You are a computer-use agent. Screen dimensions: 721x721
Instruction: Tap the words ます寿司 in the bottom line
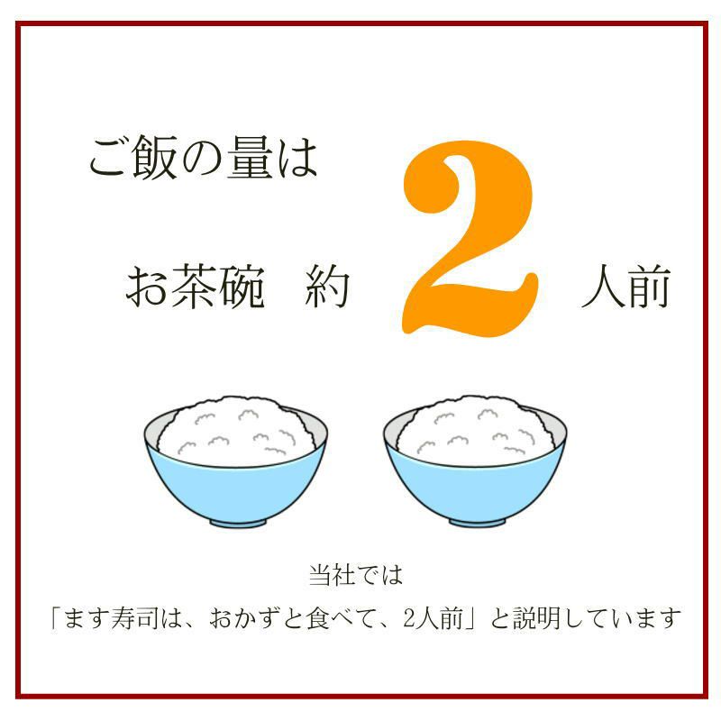118,620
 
